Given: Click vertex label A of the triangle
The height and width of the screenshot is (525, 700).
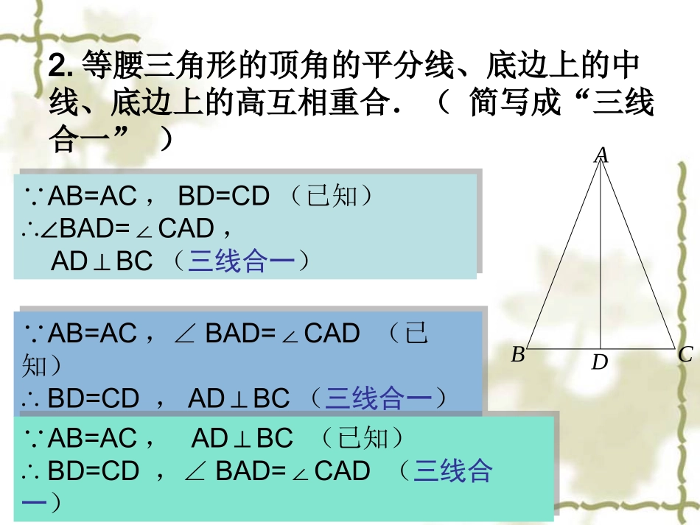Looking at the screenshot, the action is coord(601,155).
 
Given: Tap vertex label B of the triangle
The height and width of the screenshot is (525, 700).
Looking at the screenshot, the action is coord(518,355).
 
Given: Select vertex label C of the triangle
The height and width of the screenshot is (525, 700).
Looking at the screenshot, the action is coord(685,355).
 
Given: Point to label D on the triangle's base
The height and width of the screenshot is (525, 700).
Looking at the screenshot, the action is coord(600,362).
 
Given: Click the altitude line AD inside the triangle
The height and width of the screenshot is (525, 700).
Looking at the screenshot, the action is coord(601,253).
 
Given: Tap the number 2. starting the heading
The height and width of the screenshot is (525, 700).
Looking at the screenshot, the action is coord(60,65).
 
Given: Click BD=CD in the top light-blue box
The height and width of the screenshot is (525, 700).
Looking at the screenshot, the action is coord(224,196).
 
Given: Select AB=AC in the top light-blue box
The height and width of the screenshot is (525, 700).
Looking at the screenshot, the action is coord(92,196).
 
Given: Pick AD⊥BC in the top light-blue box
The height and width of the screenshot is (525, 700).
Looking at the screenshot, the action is coord(102,261).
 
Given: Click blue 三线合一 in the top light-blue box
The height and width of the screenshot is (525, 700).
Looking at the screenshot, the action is coord(242,261).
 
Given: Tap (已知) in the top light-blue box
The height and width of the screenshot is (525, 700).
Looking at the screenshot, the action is coord(332,196).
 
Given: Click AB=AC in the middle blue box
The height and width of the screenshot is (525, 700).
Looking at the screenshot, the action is coord(92,334).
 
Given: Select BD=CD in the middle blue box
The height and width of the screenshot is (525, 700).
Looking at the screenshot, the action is coord(94,398).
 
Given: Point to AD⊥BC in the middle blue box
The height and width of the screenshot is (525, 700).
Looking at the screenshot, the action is coord(239,398).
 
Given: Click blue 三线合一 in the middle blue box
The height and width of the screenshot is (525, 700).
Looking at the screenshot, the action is coord(379,398).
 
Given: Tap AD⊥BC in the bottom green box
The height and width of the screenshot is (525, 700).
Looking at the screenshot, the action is coord(242,438).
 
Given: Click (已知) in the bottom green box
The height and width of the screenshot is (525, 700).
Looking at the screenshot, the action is coord(362,438).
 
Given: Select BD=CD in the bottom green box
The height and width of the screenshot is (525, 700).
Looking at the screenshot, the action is coord(94,471).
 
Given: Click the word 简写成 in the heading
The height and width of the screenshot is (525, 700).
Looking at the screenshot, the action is coord(515,102).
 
